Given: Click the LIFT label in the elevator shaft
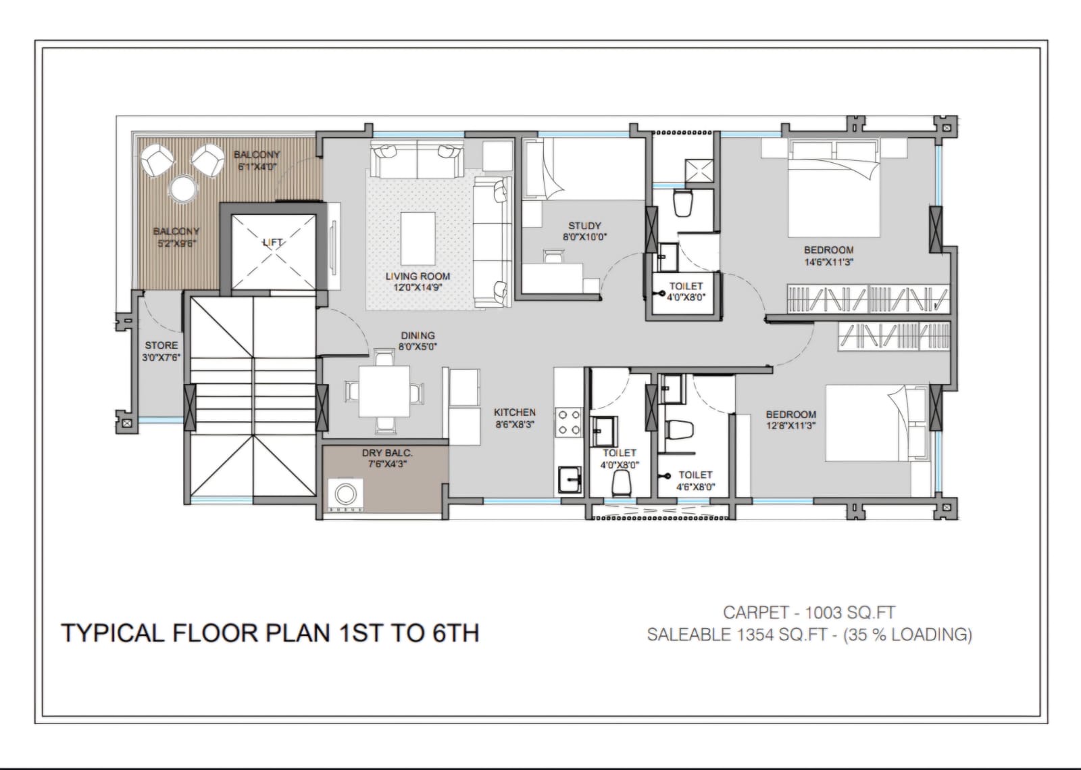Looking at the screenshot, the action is click(273, 242).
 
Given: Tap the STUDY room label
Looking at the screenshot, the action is click(584, 225).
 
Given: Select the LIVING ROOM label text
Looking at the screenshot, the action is click(418, 276).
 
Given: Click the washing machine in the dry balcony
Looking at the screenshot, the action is click(345, 494).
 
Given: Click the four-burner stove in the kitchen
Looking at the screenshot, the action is click(568, 423).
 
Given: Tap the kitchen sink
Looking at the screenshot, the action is click(570, 479).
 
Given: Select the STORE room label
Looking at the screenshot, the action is click(161, 345).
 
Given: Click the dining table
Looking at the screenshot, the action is click(384, 391).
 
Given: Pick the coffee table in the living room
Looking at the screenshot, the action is click(418, 239).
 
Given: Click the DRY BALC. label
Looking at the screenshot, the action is click(387, 453).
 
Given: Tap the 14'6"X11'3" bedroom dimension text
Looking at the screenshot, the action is click(828, 262).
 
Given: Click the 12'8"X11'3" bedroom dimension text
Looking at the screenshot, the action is click(791, 425).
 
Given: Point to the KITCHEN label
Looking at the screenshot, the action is click(514, 412).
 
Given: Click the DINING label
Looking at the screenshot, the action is click(418, 335).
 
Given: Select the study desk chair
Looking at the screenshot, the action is click(553, 256).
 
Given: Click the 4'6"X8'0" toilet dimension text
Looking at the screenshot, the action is click(695, 487).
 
